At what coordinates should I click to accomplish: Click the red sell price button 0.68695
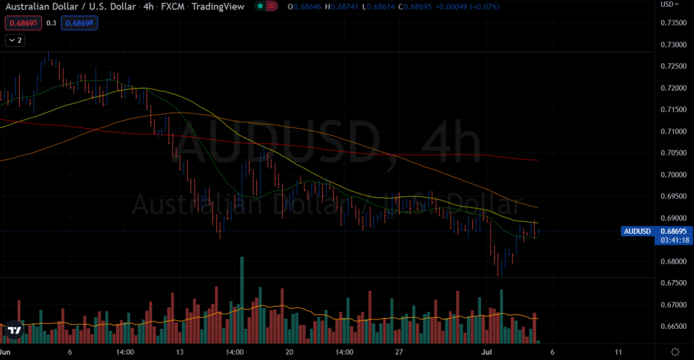click(x=23, y=23)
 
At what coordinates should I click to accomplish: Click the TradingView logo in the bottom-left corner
click(x=14, y=331)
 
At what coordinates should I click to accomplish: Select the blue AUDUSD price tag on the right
click(x=636, y=231)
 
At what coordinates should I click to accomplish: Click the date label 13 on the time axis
click(x=180, y=353)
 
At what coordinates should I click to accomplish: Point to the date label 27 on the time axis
click(x=399, y=353)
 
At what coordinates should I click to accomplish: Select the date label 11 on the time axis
click(x=617, y=353)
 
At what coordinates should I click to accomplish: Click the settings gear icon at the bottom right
click(x=675, y=352)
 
